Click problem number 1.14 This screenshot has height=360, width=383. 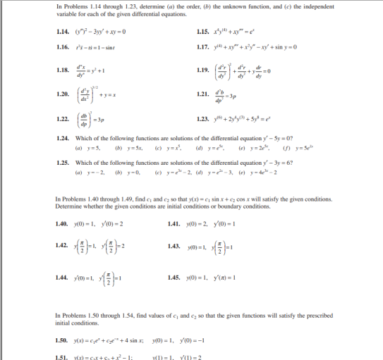pos(63,32)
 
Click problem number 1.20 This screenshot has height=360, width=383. pos(63,94)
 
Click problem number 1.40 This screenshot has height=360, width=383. pos(63,224)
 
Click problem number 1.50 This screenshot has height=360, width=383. pos(63,340)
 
